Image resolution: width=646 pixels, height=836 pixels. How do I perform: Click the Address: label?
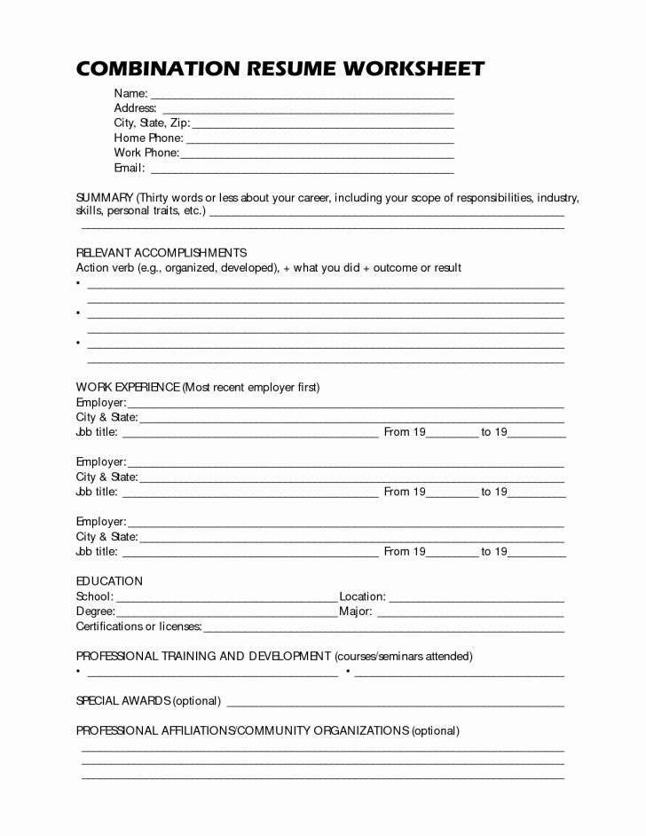[x=135, y=108]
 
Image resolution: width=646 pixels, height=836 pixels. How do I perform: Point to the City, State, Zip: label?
[x=152, y=123]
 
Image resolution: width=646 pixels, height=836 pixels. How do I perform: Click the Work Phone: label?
[x=146, y=154]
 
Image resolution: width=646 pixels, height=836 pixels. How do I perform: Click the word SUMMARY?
[x=105, y=197]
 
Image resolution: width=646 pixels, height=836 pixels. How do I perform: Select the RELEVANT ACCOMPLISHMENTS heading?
[x=161, y=253]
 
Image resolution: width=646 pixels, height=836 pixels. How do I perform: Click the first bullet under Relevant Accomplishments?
[x=79, y=283]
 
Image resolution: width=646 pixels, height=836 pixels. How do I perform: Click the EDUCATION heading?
[x=109, y=581]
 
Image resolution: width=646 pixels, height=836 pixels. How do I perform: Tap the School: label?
[x=95, y=596]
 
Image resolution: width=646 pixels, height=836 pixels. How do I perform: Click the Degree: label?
[x=96, y=611]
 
